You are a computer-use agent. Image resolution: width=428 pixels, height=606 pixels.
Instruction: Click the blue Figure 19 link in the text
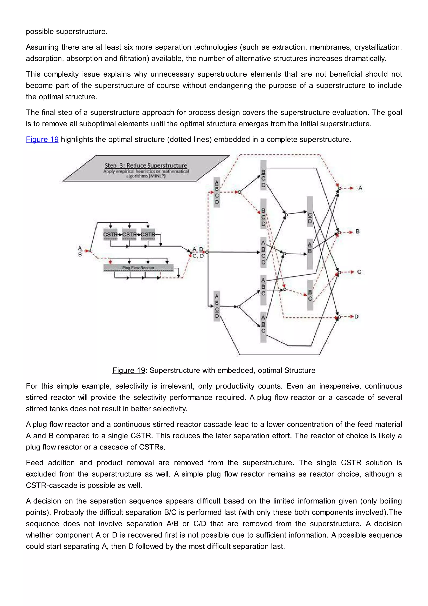tap(42, 139)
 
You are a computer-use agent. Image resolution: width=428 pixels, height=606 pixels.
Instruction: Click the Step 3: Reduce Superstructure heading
tap(146, 166)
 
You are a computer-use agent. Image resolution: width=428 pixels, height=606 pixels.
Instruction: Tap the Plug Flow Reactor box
tap(138, 268)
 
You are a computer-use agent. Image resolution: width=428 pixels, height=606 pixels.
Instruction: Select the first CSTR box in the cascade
tap(110, 234)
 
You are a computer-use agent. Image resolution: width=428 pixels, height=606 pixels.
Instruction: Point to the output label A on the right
tap(360, 188)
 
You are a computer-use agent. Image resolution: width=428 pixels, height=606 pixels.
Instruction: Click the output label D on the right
tap(356, 316)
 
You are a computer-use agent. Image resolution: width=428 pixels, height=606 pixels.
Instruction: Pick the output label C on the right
tap(359, 272)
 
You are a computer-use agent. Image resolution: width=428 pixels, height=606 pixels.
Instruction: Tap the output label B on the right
tap(358, 231)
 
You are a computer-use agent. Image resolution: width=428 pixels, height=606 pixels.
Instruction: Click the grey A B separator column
tap(310, 254)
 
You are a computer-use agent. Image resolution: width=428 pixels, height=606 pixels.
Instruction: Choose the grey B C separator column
tap(310, 295)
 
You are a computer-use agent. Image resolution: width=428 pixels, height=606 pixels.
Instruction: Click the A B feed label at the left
tap(80, 251)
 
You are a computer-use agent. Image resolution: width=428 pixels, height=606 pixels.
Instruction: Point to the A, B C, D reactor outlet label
tap(198, 253)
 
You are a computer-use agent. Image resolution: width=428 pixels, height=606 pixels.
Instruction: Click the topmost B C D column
tap(263, 175)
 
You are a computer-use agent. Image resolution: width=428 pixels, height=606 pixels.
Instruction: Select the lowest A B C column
tap(263, 327)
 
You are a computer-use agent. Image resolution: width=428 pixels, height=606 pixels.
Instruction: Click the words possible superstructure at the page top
tap(67, 32)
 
